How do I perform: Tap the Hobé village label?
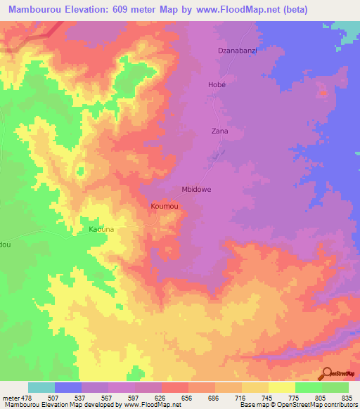coord(217,84)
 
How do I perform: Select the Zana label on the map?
coord(219,131)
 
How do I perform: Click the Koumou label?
coord(162,206)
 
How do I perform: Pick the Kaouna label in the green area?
coord(101,230)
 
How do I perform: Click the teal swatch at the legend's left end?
coord(41,387)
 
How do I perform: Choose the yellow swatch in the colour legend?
coord(281,387)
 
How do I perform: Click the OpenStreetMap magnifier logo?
coord(328,373)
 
